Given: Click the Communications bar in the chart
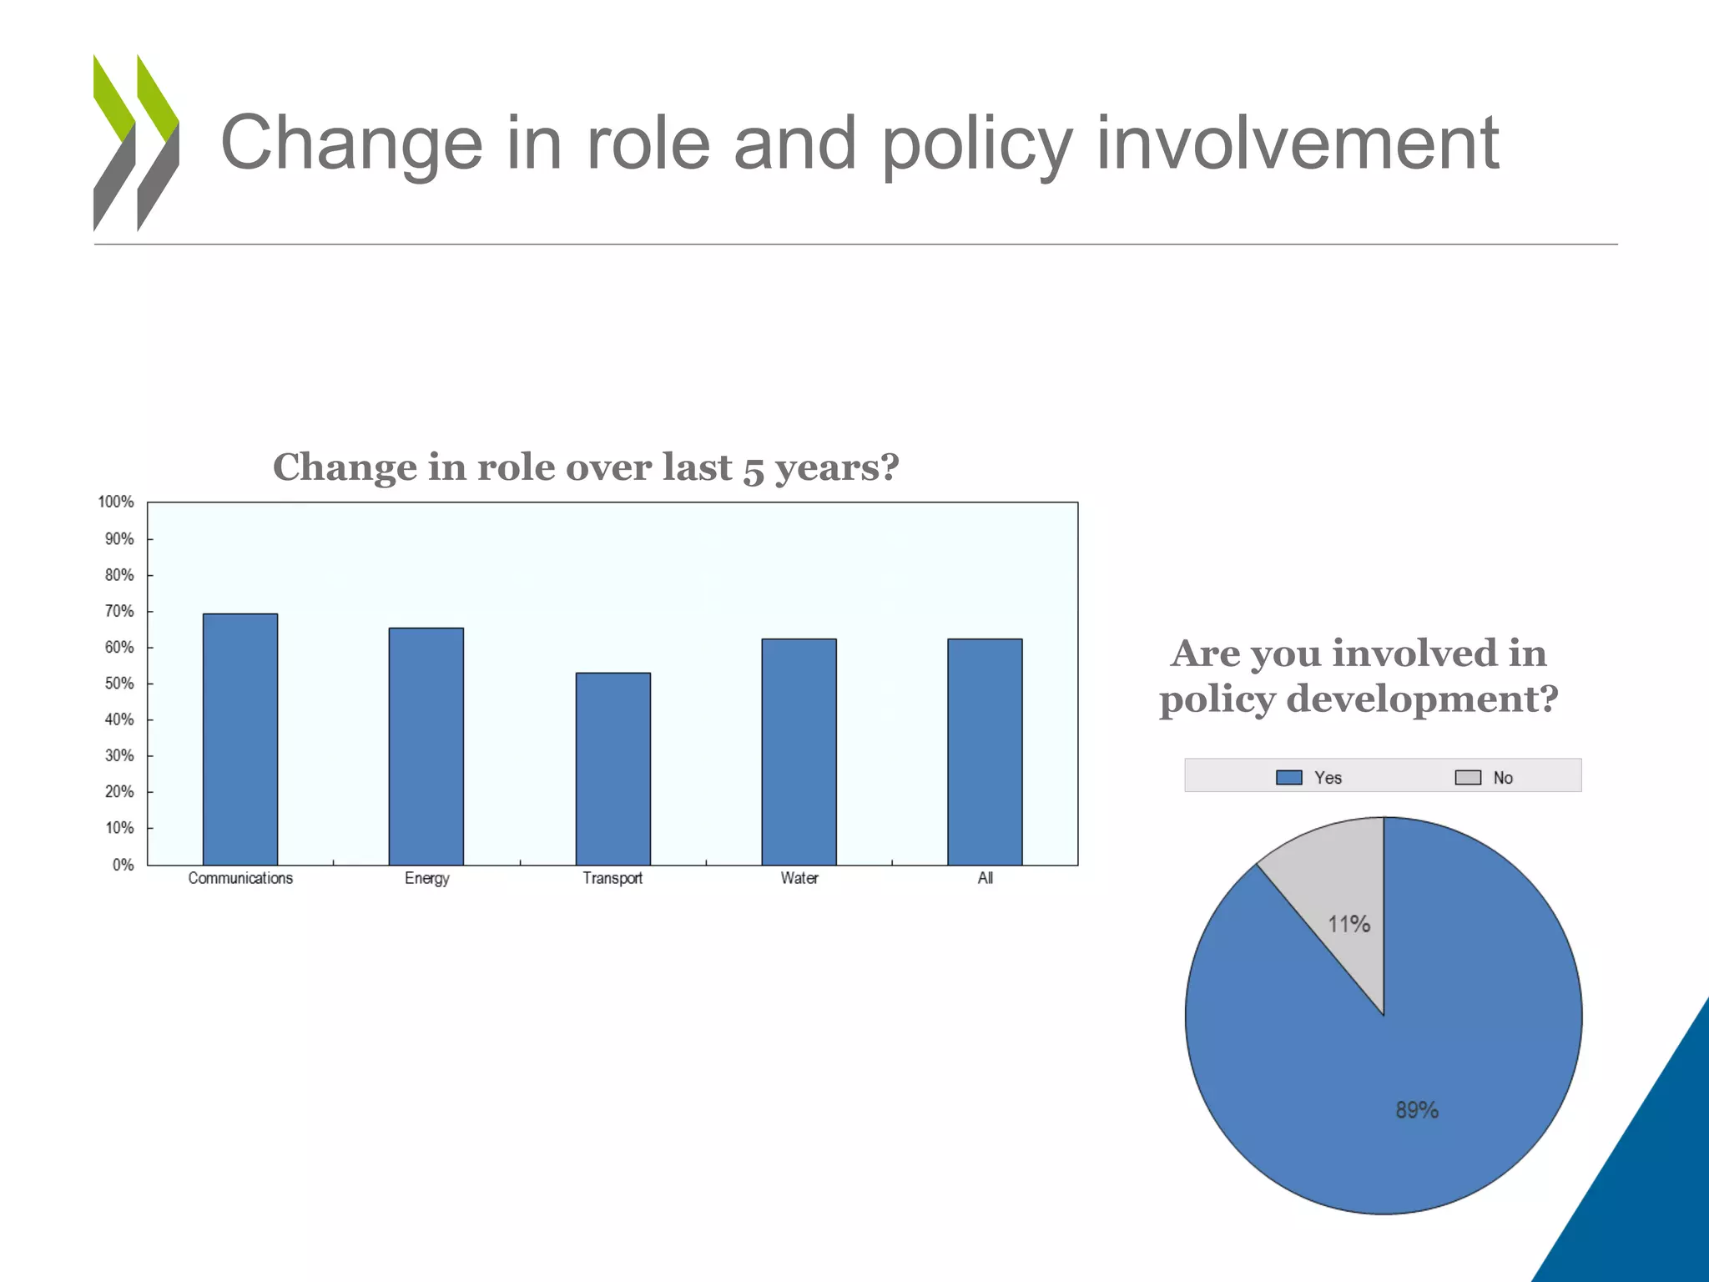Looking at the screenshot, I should [x=240, y=739].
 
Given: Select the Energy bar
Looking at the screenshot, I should [x=426, y=746].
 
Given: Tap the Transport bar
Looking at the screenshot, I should [x=613, y=769].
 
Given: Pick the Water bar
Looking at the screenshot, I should [x=799, y=752].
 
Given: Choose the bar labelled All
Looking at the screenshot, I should [x=986, y=752].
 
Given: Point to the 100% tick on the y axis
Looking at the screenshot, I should [x=116, y=502].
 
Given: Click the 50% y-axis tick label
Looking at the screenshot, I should [x=119, y=684].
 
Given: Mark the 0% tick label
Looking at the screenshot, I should [x=123, y=865].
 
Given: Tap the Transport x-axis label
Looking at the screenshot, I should [x=613, y=878].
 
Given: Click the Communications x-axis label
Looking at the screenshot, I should [x=240, y=878].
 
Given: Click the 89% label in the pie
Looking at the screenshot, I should [x=1417, y=1110].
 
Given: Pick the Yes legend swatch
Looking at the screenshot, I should [x=1289, y=778].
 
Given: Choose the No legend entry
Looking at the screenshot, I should [x=1485, y=778].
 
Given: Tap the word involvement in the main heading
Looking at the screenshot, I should [x=1298, y=144].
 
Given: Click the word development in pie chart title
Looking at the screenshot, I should [x=1422, y=699].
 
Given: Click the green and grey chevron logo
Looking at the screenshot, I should [x=136, y=143].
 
